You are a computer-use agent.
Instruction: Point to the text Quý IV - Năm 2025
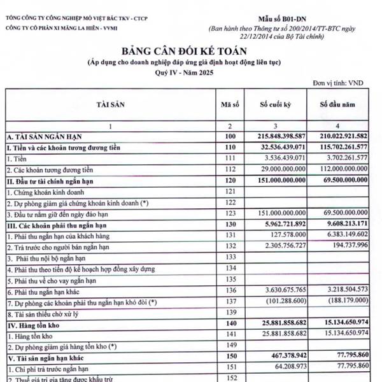[190, 73]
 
